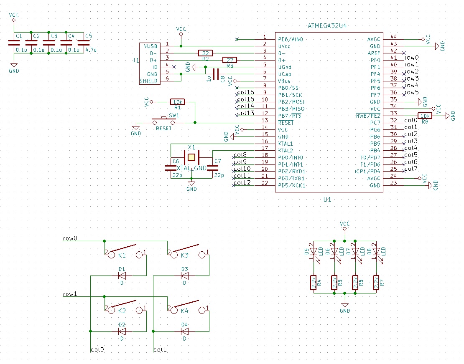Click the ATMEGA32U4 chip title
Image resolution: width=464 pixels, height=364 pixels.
pyautogui.click(x=327, y=26)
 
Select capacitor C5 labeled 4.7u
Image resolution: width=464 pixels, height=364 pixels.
pyautogui.click(x=84, y=43)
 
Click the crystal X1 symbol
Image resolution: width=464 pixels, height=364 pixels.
pyautogui.click(x=191, y=157)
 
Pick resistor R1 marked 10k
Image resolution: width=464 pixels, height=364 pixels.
pyautogui.click(x=177, y=102)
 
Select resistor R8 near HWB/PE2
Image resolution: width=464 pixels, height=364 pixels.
pyautogui.click(x=425, y=116)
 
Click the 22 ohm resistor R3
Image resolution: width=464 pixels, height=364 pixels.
pyautogui.click(x=229, y=60)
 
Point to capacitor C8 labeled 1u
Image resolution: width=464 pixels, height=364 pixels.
pyautogui.click(x=216, y=74)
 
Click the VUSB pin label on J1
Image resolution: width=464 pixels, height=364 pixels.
pyautogui.click(x=150, y=46)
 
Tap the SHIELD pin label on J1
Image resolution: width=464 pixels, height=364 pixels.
pyautogui.click(x=149, y=81)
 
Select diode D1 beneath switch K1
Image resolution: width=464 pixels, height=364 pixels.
pyautogui.click(x=122, y=276)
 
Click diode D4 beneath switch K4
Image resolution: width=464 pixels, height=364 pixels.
pyautogui.click(x=184, y=331)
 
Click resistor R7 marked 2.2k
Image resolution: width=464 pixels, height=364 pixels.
pyautogui.click(x=376, y=283)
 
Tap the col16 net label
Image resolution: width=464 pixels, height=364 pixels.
pyautogui.click(x=245, y=92)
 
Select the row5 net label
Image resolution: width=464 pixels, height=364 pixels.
pyautogui.click(x=412, y=92)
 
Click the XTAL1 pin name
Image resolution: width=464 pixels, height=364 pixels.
pyautogui.click(x=286, y=144)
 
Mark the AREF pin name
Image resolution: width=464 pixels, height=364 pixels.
pyautogui.click(x=374, y=53)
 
